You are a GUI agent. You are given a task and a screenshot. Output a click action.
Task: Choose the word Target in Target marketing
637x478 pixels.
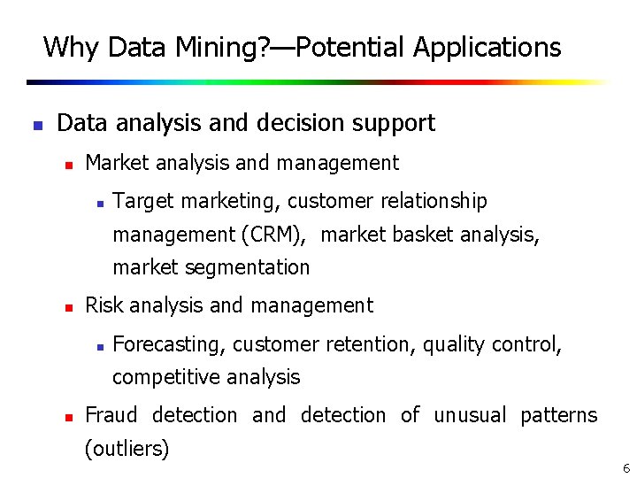click(144, 202)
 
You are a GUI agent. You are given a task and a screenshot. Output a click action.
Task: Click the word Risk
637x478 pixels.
click(104, 306)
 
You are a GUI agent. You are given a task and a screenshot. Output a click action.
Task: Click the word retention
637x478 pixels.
click(371, 344)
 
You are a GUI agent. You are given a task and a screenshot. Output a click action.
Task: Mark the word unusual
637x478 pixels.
click(471, 415)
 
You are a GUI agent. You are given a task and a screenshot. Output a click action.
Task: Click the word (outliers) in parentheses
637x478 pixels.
click(127, 449)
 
